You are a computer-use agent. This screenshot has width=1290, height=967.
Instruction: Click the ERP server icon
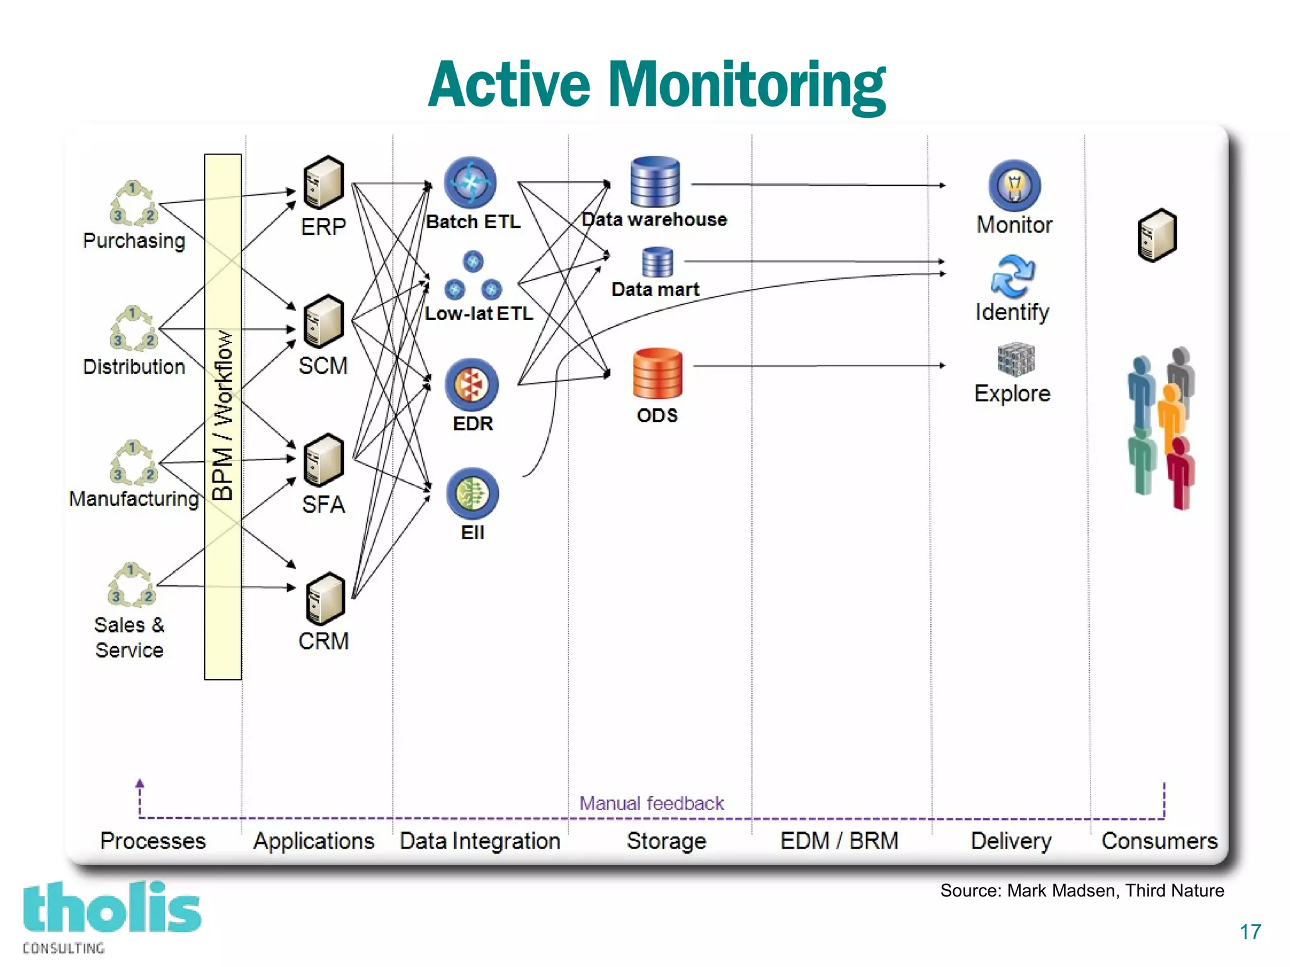click(323, 183)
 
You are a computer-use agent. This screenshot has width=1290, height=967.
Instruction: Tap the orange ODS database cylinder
click(657, 374)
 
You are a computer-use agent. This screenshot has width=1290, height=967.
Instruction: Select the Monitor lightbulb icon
click(1014, 185)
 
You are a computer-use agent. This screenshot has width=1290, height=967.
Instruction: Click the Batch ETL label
click(473, 222)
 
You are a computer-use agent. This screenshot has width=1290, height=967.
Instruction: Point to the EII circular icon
click(472, 493)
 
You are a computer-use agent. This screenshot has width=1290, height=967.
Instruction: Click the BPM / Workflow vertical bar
click(223, 416)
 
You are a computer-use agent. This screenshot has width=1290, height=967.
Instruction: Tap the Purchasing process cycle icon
click(133, 203)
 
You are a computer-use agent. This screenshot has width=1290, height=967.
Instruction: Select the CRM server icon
click(325, 598)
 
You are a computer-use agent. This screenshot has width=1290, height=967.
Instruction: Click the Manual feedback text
click(651, 803)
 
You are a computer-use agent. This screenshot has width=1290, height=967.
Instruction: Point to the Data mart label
click(655, 289)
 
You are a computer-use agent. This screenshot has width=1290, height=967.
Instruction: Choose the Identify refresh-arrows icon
click(1012, 276)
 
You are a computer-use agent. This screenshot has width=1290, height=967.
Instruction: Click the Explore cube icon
click(1015, 360)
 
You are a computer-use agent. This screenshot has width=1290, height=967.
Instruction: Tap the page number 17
click(1250, 932)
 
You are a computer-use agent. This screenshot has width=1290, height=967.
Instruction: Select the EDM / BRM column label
click(839, 841)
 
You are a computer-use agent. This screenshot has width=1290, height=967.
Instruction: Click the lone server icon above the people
click(1157, 235)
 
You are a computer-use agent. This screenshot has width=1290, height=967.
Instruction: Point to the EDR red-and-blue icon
click(471, 384)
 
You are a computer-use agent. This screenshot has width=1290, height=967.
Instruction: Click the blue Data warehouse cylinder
click(655, 182)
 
